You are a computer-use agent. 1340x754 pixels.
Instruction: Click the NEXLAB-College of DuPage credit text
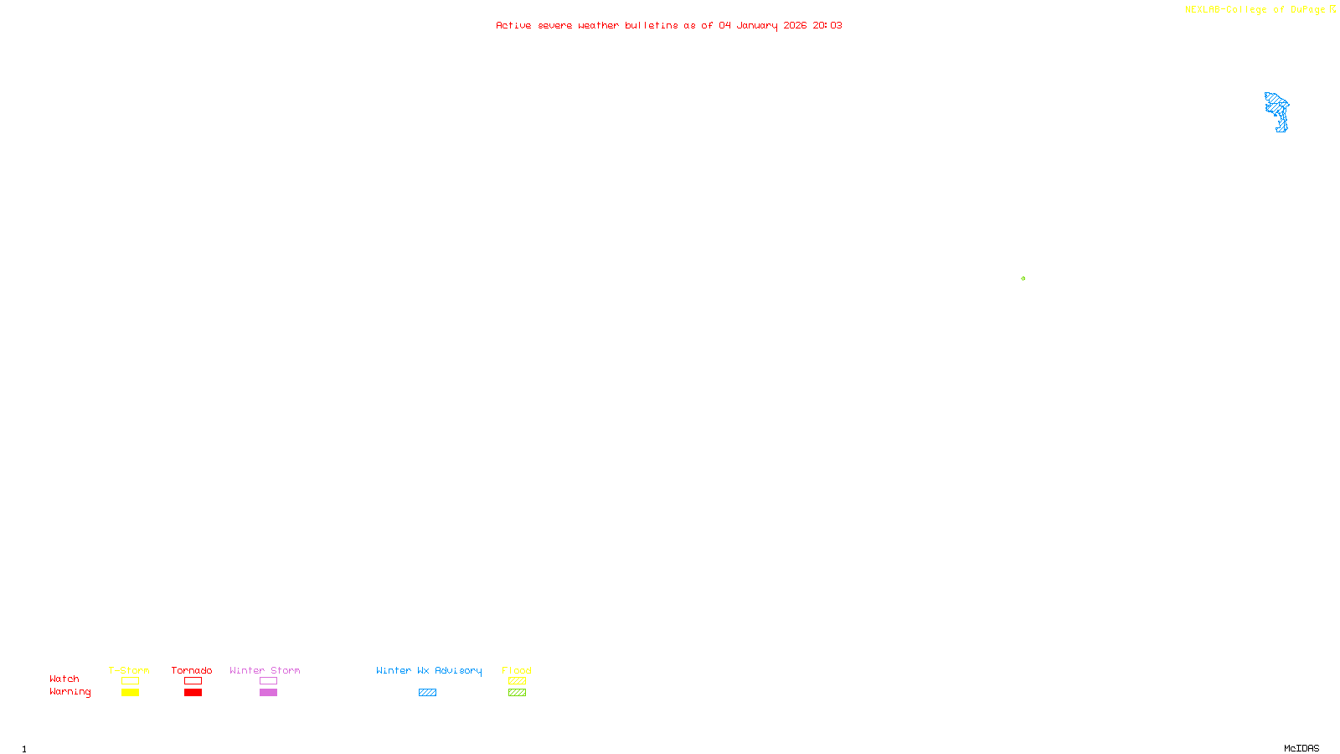click(1255, 10)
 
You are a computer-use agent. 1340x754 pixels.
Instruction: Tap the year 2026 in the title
click(795, 26)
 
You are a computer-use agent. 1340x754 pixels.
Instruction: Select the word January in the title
click(756, 26)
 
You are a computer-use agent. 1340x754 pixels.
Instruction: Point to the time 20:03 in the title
click(827, 26)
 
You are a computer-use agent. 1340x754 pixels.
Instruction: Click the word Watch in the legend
click(64, 679)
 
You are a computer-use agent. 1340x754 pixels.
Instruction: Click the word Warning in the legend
click(70, 692)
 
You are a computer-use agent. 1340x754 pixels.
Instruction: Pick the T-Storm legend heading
click(129, 670)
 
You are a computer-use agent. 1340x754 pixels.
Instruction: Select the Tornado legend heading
click(192, 670)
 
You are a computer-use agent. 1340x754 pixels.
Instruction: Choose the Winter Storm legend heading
click(265, 670)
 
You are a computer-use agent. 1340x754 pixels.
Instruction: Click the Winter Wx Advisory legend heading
click(429, 670)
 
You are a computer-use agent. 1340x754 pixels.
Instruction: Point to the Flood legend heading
click(517, 670)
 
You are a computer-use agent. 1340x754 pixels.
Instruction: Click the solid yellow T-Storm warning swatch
click(130, 693)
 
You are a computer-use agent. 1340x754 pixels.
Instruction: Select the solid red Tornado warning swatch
click(193, 693)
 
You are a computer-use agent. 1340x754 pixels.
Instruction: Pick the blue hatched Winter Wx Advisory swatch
click(427, 693)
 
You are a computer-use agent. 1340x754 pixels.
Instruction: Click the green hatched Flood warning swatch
click(517, 693)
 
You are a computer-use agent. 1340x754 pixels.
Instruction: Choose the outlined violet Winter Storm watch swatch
click(268, 681)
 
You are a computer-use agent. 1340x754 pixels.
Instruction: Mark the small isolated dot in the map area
click(1023, 278)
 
